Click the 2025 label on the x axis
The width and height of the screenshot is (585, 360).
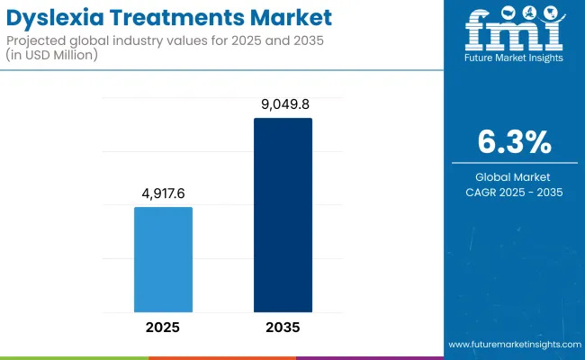coord(163,328)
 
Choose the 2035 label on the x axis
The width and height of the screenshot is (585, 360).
coord(283,328)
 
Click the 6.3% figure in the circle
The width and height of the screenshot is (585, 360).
coord(513,142)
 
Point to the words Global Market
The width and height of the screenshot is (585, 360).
coord(513,177)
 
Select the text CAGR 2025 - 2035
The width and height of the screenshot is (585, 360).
coord(513,192)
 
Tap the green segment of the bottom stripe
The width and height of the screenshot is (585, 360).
coord(74,357)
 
